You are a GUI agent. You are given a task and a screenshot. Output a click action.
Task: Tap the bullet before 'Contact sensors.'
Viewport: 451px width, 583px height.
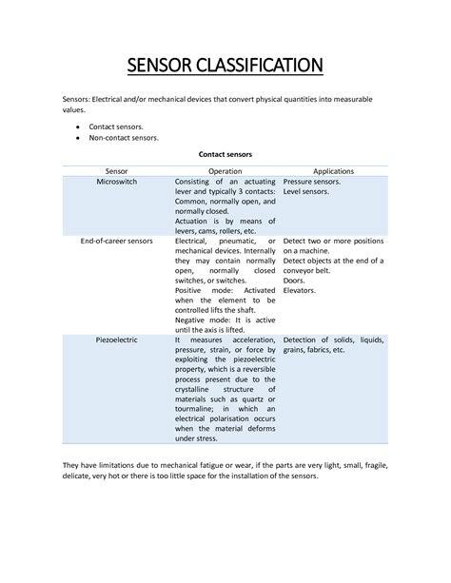(76, 126)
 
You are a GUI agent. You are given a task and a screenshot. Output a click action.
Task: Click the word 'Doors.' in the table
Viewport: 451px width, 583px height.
(295, 282)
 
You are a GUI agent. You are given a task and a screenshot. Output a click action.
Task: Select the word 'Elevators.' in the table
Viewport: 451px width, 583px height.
(302, 293)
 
